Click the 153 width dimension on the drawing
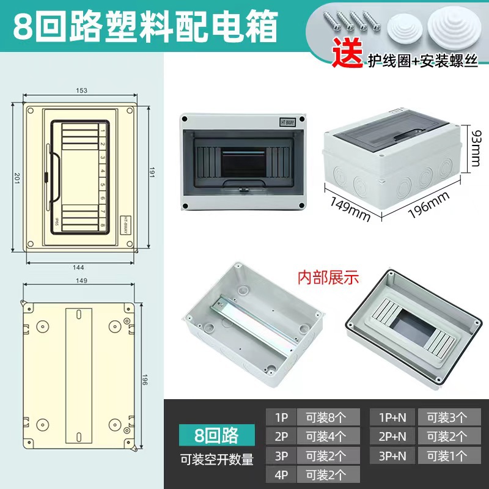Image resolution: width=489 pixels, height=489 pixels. click(82, 90)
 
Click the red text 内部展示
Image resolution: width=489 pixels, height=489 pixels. click(328, 277)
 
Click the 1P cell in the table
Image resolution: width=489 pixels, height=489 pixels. click(281, 418)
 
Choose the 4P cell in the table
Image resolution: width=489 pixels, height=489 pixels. click(281, 474)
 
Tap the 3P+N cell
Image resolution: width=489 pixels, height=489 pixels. click(392, 455)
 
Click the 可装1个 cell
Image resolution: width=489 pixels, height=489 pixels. click(446, 455)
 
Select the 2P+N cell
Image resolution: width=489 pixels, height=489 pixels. click(392, 436)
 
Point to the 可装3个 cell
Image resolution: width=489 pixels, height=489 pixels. click(446, 418)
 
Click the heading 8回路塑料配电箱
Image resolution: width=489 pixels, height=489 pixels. click(144, 26)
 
